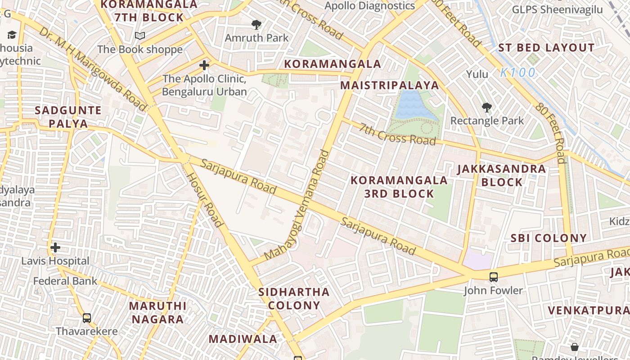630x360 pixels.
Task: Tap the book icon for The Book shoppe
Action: pyautogui.click(x=140, y=36)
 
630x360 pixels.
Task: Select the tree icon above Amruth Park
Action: pyautogui.click(x=256, y=24)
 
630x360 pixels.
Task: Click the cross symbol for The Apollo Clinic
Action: pyautogui.click(x=204, y=65)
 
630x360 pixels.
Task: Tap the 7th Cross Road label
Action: pyautogui.click(x=397, y=134)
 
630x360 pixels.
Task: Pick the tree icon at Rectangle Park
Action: pyautogui.click(x=486, y=107)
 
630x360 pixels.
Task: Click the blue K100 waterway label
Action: pyautogui.click(x=518, y=72)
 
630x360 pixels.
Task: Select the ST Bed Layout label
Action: pyautogui.click(x=546, y=48)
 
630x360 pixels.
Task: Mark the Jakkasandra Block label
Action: pyautogui.click(x=502, y=175)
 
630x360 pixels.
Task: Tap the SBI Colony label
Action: pyautogui.click(x=549, y=238)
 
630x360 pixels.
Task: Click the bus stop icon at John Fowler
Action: pyautogui.click(x=494, y=277)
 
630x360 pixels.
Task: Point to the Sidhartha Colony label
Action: pyautogui.click(x=294, y=298)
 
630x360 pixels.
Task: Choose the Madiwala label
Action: pyautogui.click(x=243, y=339)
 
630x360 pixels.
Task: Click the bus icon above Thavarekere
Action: pyautogui.click(x=87, y=318)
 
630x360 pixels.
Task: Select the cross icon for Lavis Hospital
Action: pyautogui.click(x=55, y=247)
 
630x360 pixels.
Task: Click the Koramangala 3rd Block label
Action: pyautogui.click(x=399, y=187)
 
